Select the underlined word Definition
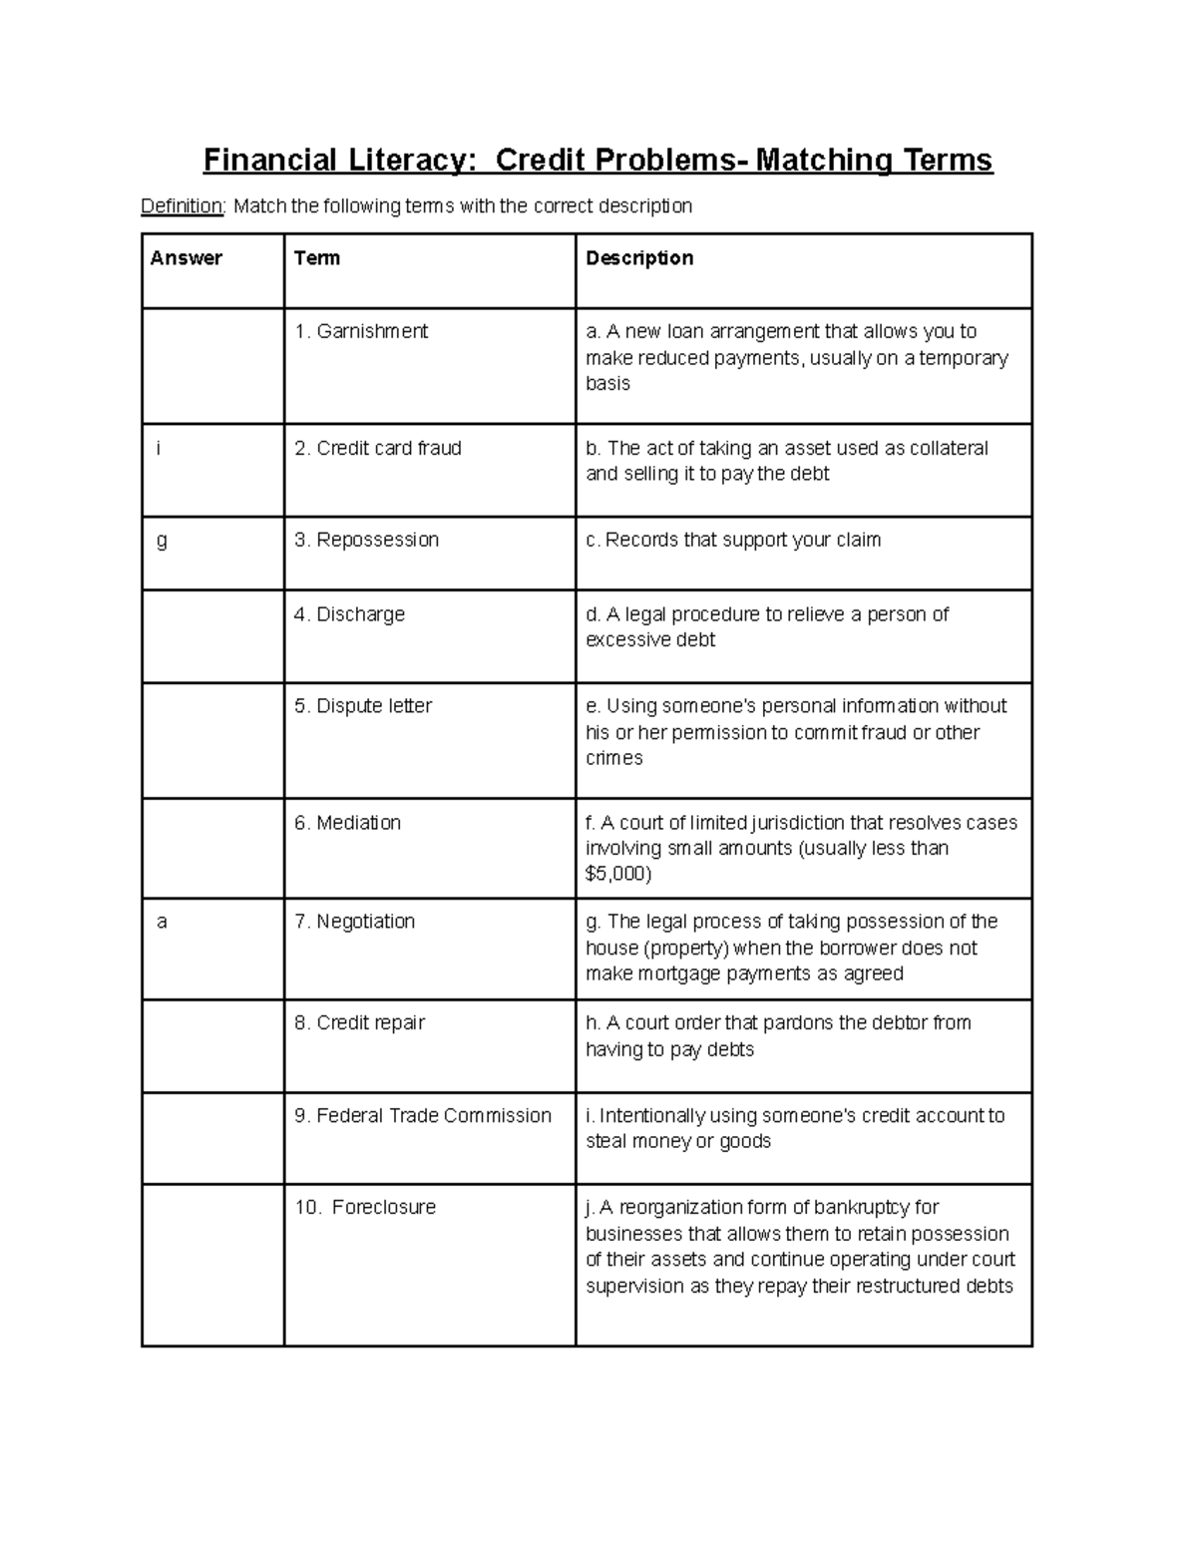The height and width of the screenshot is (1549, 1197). [183, 206]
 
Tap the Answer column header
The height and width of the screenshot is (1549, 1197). [187, 258]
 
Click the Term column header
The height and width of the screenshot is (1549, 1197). [317, 258]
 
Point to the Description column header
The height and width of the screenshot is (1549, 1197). [639, 258]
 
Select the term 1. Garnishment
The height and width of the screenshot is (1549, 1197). [361, 332]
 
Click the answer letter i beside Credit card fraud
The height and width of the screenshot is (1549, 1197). [158, 449]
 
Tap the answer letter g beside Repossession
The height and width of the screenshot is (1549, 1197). [162, 541]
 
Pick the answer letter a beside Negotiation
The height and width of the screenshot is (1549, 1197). [162, 923]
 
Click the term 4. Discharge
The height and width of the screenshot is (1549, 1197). [349, 614]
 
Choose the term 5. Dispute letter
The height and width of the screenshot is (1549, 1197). [363, 706]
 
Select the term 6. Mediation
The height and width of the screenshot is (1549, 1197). [347, 823]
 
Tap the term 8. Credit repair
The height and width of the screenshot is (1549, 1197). [359, 1023]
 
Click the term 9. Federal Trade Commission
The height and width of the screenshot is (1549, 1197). [422, 1116]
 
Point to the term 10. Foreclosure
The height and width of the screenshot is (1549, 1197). [365, 1208]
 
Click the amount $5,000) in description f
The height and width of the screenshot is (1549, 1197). [618, 875]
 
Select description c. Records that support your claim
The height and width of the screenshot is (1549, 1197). [733, 541]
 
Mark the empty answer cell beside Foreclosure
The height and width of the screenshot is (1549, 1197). [212, 1265]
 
